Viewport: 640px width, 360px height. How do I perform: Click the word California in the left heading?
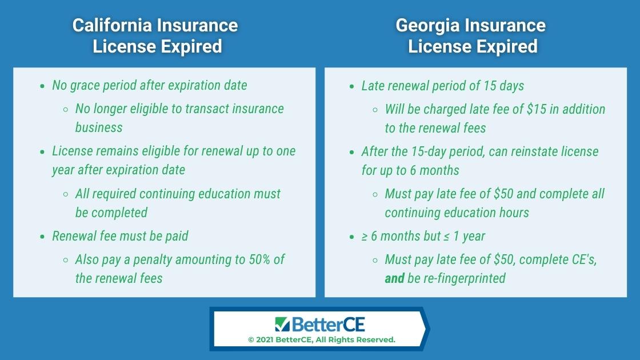pyautogui.click(x=111, y=25)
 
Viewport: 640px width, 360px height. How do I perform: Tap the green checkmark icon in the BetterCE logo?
pyautogui.click(x=282, y=324)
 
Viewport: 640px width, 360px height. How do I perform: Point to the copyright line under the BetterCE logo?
pyautogui.click(x=322, y=339)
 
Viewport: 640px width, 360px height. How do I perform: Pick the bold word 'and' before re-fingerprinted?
pyautogui.click(x=394, y=278)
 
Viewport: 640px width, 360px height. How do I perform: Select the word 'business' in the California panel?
pyautogui.click(x=99, y=127)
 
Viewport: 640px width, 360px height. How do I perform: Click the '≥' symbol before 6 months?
pyautogui.click(x=364, y=237)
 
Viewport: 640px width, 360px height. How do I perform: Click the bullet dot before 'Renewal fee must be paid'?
pyautogui.click(x=42, y=237)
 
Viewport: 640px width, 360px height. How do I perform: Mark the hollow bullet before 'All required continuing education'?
pyautogui.click(x=66, y=194)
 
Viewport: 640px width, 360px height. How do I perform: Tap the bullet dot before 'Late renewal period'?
pyautogui.click(x=352, y=86)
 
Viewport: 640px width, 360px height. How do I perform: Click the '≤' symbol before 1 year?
pyautogui.click(x=446, y=237)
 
